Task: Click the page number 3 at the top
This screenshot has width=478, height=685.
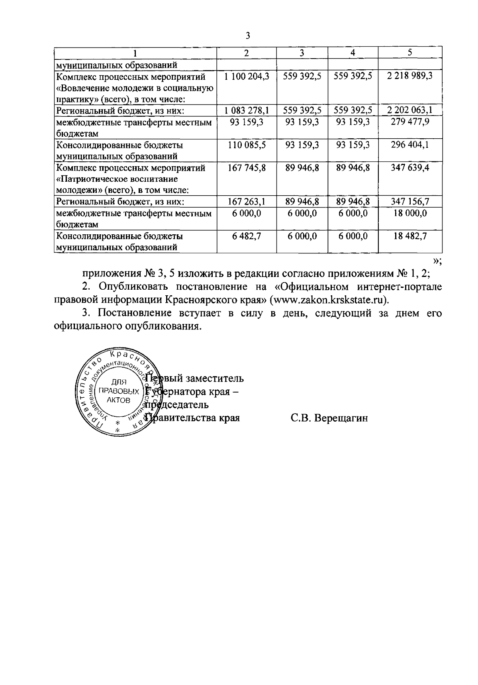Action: [x=248, y=36]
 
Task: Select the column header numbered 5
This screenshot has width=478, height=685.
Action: [x=410, y=53]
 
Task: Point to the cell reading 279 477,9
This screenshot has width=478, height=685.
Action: [x=410, y=122]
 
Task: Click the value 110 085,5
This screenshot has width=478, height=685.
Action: [x=247, y=145]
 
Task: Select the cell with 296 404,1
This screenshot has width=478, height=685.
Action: [x=410, y=145]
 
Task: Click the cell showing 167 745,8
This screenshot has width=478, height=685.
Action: [x=247, y=168]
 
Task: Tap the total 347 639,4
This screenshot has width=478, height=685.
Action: [x=410, y=168]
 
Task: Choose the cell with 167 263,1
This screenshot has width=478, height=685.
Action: [x=247, y=202]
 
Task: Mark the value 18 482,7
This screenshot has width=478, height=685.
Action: [x=410, y=236]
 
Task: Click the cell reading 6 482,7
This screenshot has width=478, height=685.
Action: [x=247, y=236]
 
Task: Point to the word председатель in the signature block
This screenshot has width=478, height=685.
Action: [x=177, y=405]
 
